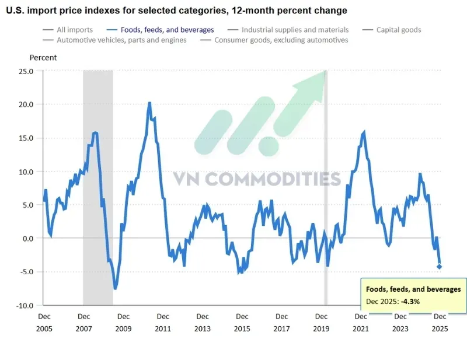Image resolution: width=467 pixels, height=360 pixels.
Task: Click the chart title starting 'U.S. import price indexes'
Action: click(177, 11)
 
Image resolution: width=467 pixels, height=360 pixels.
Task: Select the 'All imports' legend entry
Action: click(68, 30)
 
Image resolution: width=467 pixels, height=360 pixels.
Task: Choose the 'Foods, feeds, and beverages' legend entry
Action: click(160, 30)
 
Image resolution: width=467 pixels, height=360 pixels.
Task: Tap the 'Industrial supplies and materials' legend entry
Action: click(288, 30)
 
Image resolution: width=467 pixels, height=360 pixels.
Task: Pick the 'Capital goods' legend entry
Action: click(392, 30)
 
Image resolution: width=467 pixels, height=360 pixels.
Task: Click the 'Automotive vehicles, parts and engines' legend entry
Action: click(114, 40)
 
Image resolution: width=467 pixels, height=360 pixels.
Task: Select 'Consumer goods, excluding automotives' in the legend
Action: click(274, 40)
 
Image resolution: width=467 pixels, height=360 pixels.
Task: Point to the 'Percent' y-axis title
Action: click(43, 57)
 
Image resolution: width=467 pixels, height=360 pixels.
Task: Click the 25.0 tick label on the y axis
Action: click(26, 71)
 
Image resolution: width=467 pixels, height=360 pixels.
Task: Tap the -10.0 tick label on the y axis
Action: click(25, 306)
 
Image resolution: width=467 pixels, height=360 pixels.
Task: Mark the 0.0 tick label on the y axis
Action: click(27, 239)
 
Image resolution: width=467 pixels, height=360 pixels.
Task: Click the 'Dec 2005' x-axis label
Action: click(44, 323)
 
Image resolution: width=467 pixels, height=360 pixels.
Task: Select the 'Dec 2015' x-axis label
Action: click(242, 323)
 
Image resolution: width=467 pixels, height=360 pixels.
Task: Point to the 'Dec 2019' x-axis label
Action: click(321, 323)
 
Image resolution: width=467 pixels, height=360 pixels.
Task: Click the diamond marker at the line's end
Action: click(440, 267)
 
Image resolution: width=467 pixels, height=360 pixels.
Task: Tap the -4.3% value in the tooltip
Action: click(410, 301)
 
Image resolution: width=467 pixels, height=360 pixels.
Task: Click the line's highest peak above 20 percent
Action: click(149, 103)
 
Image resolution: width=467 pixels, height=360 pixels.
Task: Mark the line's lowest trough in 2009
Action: click(115, 288)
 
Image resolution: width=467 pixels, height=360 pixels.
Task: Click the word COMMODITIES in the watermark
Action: click(273, 179)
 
